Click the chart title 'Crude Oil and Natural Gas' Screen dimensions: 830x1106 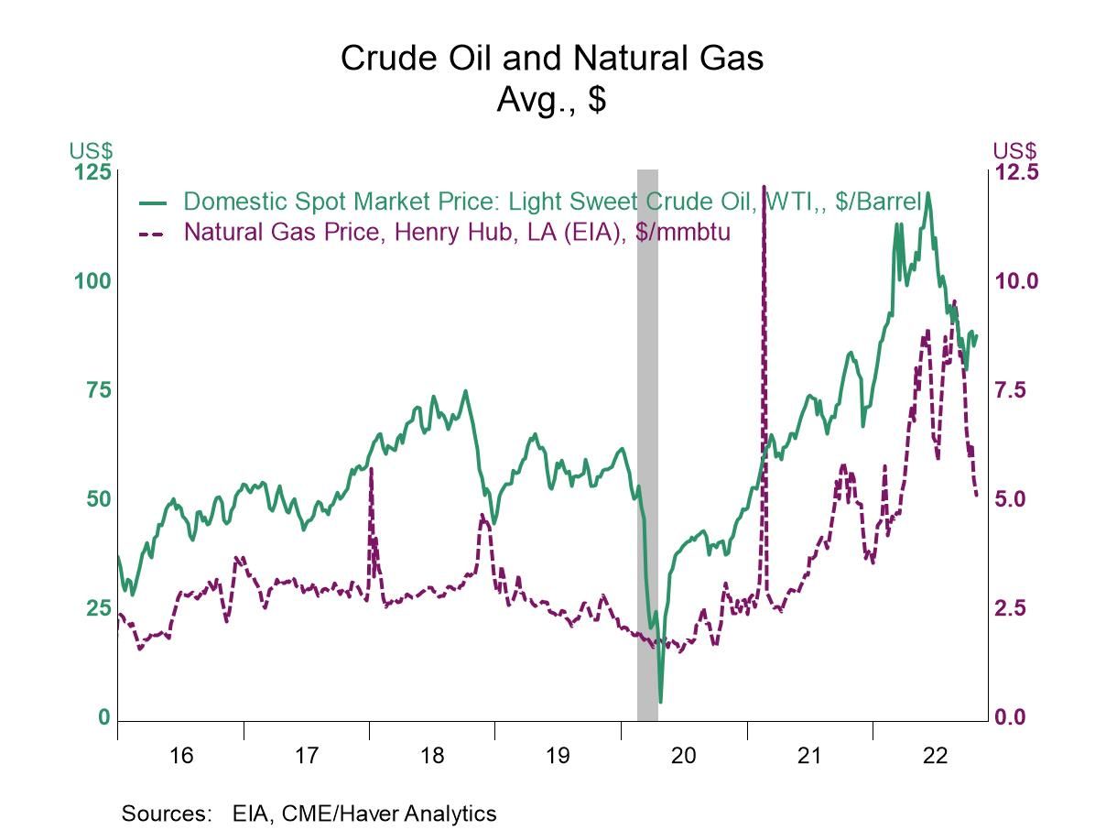[551, 59]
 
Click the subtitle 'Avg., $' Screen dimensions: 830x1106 [551, 99]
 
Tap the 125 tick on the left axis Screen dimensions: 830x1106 [92, 173]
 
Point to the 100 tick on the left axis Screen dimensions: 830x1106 [92, 281]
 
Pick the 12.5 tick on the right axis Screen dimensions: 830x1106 [1016, 173]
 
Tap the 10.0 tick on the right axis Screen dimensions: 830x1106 [1016, 281]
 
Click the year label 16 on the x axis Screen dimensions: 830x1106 [181, 756]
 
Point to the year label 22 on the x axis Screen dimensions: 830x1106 [935, 756]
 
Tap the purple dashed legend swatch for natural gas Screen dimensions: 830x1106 [152, 233]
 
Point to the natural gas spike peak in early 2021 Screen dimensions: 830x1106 [764, 188]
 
